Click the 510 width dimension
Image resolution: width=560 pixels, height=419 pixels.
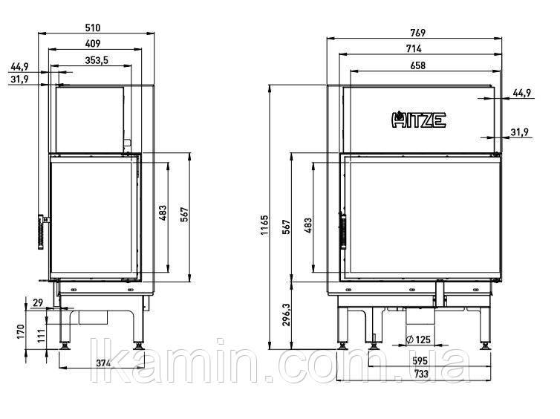tap(93, 28)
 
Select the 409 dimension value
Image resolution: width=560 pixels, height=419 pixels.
tap(93, 44)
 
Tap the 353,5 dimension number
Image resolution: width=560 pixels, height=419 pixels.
tap(97, 60)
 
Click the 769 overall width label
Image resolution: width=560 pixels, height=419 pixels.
tap(418, 33)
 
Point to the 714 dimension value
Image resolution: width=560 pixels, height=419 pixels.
tap(414, 48)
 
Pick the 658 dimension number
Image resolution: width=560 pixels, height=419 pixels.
tap(418, 65)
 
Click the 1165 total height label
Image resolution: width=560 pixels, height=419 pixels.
tap(264, 225)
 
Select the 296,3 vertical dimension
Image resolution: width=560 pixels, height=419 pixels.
tap(287, 315)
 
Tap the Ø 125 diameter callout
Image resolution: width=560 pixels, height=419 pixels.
tap(419, 340)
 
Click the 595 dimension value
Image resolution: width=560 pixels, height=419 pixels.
tap(420, 361)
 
